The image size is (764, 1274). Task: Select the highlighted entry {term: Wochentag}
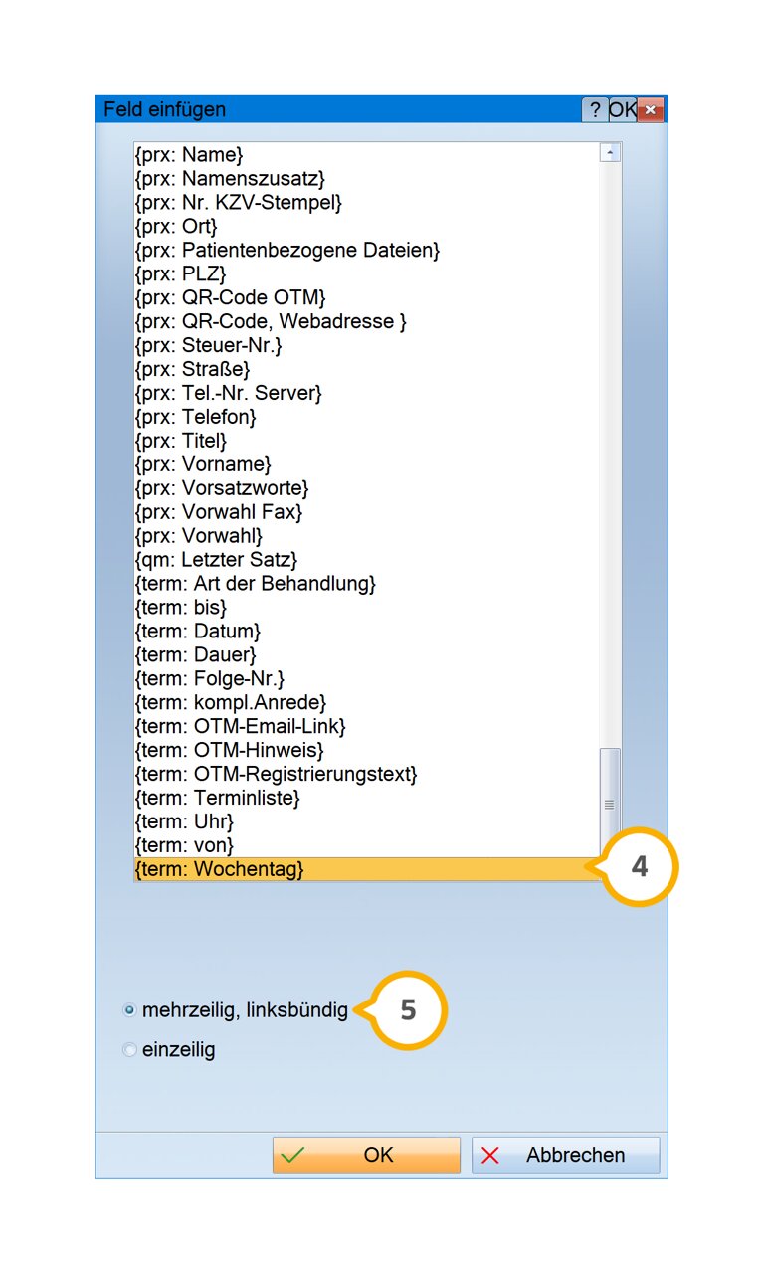(220, 869)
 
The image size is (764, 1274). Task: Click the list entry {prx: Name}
(189, 155)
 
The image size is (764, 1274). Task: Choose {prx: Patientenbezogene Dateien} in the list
(287, 251)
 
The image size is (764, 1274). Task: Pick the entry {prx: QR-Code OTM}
(231, 297)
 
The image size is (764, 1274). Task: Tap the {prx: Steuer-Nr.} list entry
(208, 345)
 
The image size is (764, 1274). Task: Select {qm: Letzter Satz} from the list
(216, 560)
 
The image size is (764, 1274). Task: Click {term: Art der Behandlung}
(256, 584)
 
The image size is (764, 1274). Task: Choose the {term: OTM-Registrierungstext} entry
(276, 774)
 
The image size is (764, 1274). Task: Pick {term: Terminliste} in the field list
(217, 798)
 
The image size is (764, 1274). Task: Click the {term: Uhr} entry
(184, 821)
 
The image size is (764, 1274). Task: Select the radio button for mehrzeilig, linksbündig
(129, 1010)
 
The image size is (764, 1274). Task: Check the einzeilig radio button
(129, 1049)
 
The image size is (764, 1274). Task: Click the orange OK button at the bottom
(366, 1155)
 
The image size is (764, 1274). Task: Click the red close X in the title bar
(651, 109)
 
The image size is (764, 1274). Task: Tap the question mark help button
(595, 109)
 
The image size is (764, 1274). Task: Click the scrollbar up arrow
(610, 152)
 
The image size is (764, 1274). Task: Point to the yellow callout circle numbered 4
(640, 866)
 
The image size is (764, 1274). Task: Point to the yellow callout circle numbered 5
(408, 1010)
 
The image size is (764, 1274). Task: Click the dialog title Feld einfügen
(164, 109)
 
